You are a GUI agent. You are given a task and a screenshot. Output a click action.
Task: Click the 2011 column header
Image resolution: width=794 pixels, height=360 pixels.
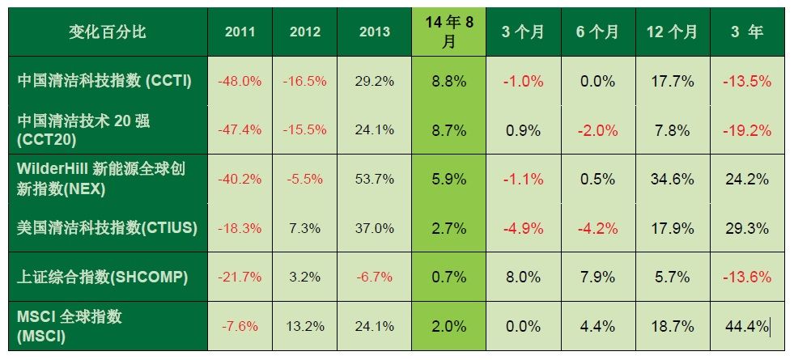click(240, 32)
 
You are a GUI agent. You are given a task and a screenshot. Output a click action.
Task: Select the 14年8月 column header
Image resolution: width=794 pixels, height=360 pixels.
click(449, 32)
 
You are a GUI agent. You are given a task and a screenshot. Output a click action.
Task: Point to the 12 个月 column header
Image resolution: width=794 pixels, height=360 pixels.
click(672, 32)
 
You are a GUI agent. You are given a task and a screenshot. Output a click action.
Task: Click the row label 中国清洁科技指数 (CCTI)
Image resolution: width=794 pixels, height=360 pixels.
click(104, 80)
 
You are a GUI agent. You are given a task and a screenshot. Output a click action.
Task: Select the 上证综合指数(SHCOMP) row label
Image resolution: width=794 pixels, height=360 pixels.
click(103, 277)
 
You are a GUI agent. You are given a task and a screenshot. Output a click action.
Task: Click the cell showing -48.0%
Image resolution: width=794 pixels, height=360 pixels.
click(240, 81)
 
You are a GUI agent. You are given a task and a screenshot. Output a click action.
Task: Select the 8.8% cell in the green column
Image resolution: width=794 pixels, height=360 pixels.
click(449, 81)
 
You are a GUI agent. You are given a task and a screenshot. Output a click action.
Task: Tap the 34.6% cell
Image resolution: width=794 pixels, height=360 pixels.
click(672, 179)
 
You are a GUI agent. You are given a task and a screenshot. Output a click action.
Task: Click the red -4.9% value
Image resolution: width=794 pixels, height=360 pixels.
click(521, 228)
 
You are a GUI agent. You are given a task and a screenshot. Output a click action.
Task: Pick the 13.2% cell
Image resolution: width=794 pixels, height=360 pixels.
click(305, 326)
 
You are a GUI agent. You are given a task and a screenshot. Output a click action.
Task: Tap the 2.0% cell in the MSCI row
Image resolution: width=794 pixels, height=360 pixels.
click(449, 326)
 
